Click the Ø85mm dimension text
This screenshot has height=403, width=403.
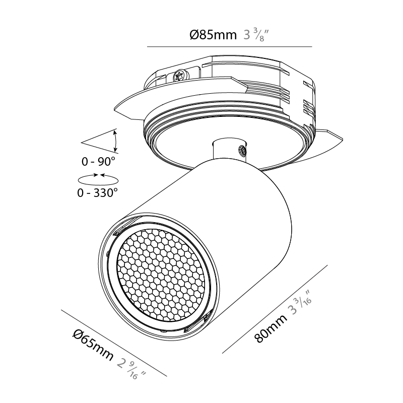pos(213,35)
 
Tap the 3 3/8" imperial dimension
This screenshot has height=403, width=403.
pos(256,35)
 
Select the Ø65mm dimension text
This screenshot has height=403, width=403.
pos(93,346)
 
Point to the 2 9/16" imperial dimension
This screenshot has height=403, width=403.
pos(131,369)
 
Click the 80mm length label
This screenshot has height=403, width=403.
pos(271,328)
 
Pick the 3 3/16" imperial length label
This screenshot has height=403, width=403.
pos(300,303)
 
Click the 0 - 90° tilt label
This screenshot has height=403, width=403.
pos(98,162)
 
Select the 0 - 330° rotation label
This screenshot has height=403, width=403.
pos(98,192)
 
